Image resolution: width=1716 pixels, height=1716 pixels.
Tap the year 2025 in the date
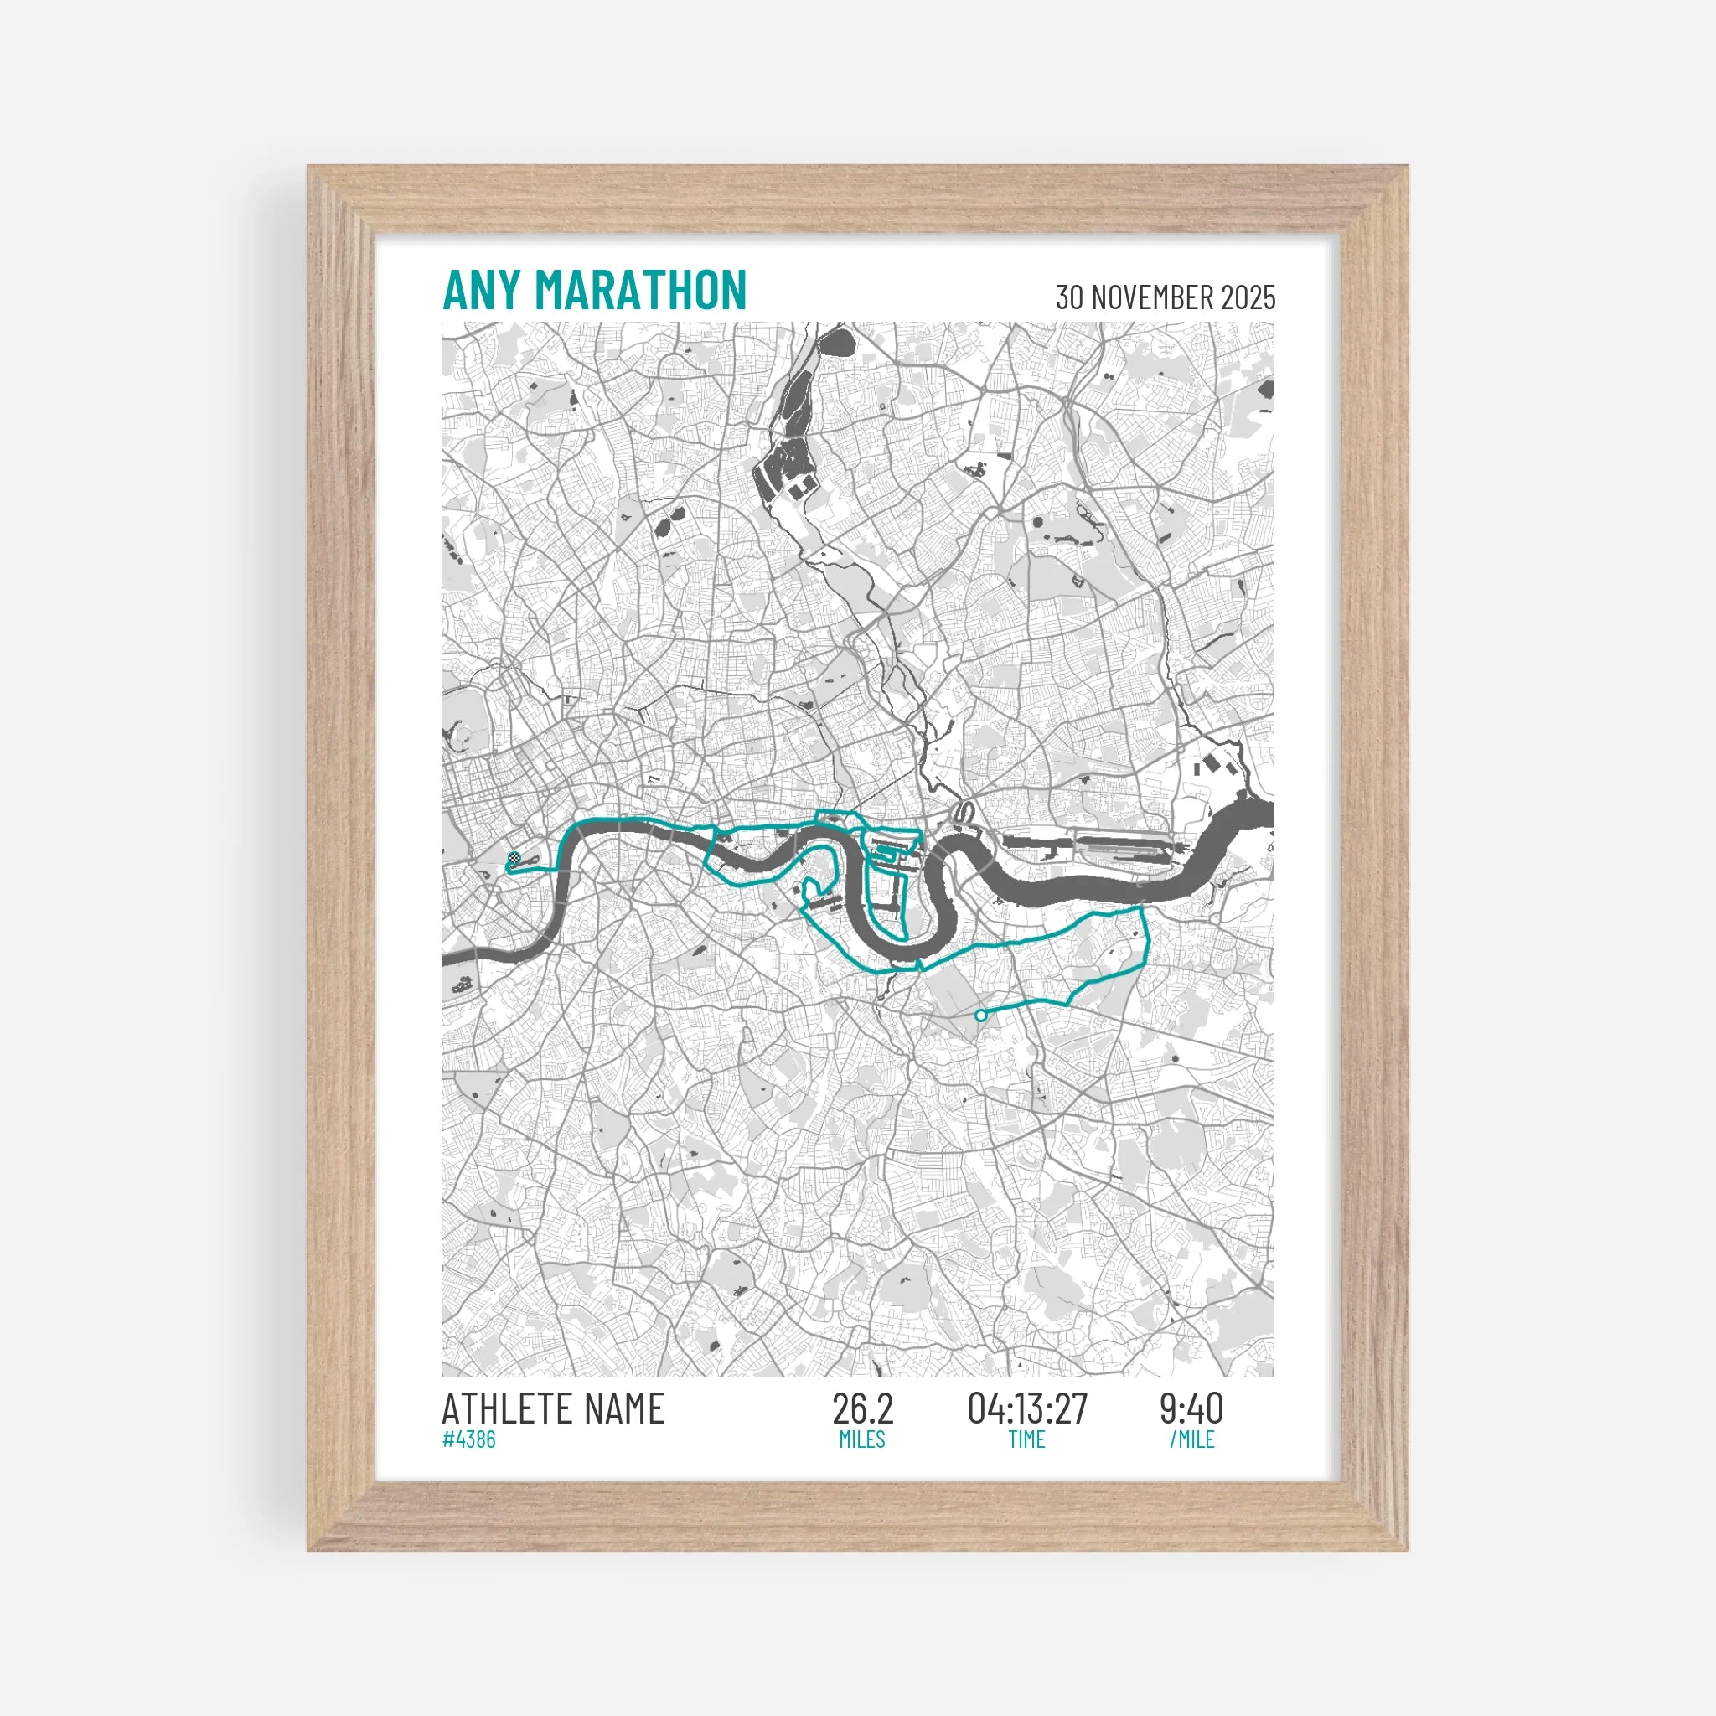pos(1248,297)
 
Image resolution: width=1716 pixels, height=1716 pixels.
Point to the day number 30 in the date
pos(1070,297)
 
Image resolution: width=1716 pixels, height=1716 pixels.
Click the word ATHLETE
pos(506,1409)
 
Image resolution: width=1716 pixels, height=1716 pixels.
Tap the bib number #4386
pos(469,1439)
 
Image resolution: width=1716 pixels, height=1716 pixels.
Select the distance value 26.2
pos(861,1408)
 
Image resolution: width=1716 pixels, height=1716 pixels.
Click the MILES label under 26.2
pos(861,1439)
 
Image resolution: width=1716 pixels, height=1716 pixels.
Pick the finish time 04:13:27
pos(1026,1408)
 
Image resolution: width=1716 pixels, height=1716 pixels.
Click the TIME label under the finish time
pos(1026,1439)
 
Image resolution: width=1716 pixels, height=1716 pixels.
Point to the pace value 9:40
pos(1191,1408)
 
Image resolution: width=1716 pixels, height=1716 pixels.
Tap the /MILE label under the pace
pos(1191,1439)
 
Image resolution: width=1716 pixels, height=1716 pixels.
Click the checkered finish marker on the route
pos(514,858)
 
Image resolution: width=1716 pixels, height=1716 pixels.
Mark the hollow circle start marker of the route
pos(980,1015)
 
